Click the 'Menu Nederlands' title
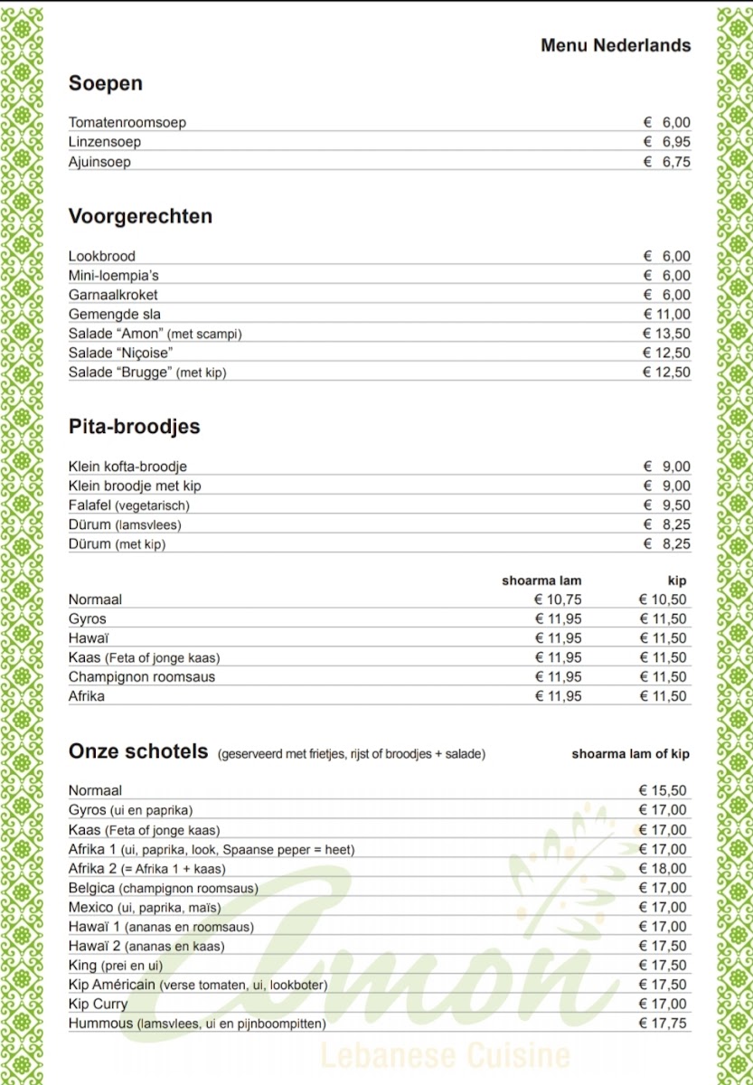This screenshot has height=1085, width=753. [x=616, y=45]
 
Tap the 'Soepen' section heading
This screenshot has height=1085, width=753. [x=106, y=84]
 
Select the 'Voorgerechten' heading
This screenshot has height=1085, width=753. [x=140, y=216]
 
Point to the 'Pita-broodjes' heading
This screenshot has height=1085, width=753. [x=134, y=427]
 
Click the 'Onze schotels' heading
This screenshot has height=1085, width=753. [x=138, y=752]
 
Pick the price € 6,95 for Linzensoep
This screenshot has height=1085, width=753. [x=666, y=142]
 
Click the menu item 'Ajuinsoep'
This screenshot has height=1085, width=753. [x=99, y=162]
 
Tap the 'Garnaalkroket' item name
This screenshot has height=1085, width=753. [x=113, y=295]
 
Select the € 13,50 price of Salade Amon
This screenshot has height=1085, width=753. [x=666, y=334]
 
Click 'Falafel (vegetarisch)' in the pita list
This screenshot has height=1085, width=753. [x=129, y=505]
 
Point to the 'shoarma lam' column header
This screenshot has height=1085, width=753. [x=541, y=580]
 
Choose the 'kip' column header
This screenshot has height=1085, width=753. [x=677, y=580]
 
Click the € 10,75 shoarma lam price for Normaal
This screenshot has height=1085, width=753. [x=558, y=599]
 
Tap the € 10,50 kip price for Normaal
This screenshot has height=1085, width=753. [x=663, y=599]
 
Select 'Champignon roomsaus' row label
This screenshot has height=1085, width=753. [x=142, y=676]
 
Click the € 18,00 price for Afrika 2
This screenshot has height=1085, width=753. [x=663, y=869]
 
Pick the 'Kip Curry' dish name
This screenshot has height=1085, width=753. [x=99, y=1004]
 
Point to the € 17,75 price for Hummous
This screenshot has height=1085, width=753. [x=663, y=1024]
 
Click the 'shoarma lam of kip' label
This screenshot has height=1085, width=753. [x=630, y=753]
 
